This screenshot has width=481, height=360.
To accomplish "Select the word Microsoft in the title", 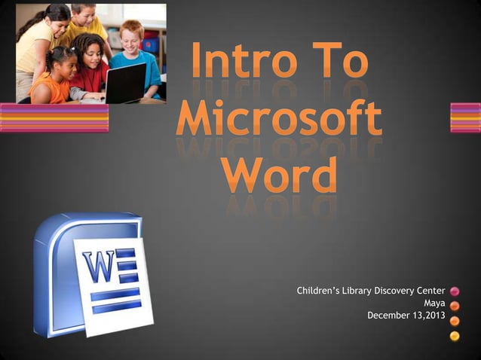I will click(279, 121).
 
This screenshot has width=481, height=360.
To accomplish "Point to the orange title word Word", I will click(280, 175).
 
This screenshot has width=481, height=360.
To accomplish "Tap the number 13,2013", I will click(425, 315).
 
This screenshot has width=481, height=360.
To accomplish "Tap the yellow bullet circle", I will click(455, 335).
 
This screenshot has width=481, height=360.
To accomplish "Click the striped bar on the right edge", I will click(465, 117).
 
